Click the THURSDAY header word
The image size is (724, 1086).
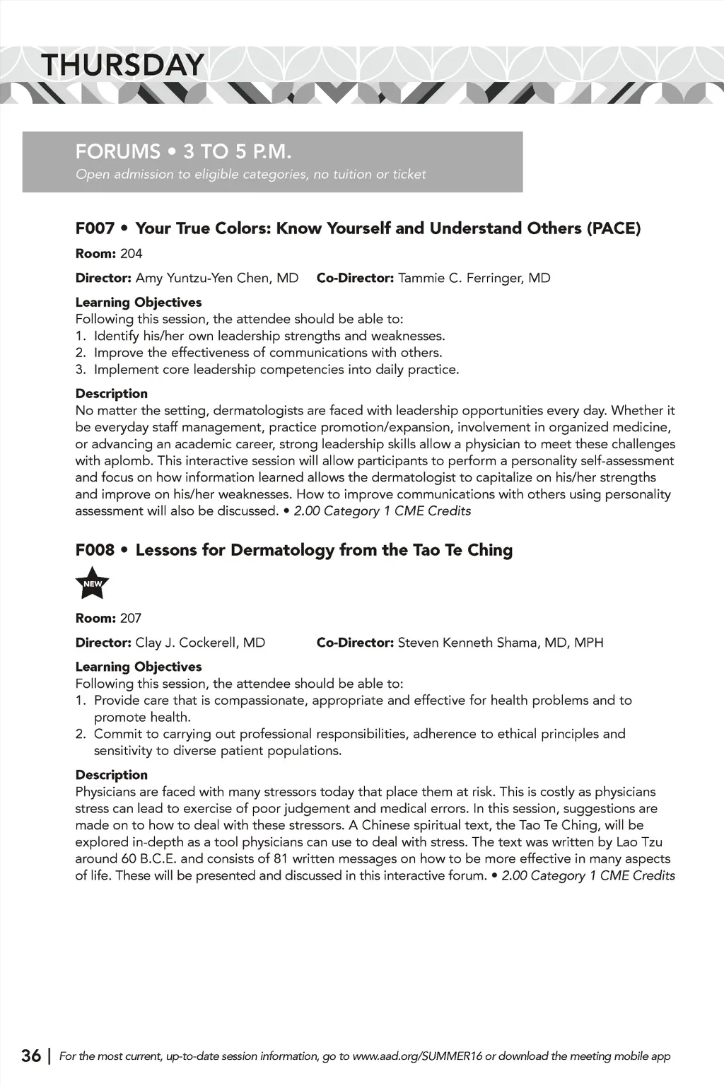coord(122,65)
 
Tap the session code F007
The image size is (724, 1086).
coord(95,228)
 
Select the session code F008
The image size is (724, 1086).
coord(95,550)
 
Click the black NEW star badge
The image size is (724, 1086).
coord(92,583)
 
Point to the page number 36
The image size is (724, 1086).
coord(31,1056)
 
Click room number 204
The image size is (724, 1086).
coord(132,254)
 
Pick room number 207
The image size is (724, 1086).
coord(131,619)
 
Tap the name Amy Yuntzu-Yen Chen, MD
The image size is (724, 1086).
coord(217,278)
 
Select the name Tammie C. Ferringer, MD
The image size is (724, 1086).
coord(474,278)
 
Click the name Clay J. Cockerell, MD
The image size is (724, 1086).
coord(200,643)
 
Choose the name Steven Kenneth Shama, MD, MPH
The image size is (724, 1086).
coord(501,643)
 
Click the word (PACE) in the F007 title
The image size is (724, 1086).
coord(614,228)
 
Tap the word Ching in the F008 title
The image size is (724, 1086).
coord(490,550)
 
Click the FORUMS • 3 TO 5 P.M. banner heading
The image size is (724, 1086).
coord(184,151)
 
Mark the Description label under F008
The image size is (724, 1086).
coord(112,775)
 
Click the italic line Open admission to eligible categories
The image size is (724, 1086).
coord(251,175)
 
